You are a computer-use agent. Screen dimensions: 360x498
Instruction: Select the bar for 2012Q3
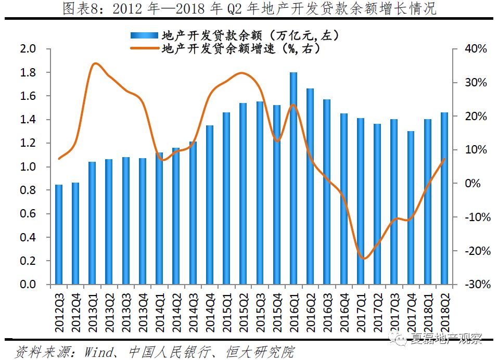coord(59,234)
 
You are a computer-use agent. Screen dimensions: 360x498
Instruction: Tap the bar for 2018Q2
coord(444,198)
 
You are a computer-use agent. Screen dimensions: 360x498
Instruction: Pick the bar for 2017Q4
coord(411,208)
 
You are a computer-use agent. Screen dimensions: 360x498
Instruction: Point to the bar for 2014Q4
coord(210,204)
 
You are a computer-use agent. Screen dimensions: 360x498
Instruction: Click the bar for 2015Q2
coord(243,194)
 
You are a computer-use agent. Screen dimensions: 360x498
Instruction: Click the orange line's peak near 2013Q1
coord(95,64)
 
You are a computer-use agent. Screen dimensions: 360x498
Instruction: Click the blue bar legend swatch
coord(143,35)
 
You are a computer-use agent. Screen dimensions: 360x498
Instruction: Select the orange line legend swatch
coord(143,49)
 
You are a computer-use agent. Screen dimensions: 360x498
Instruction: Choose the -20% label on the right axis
coord(475,251)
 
